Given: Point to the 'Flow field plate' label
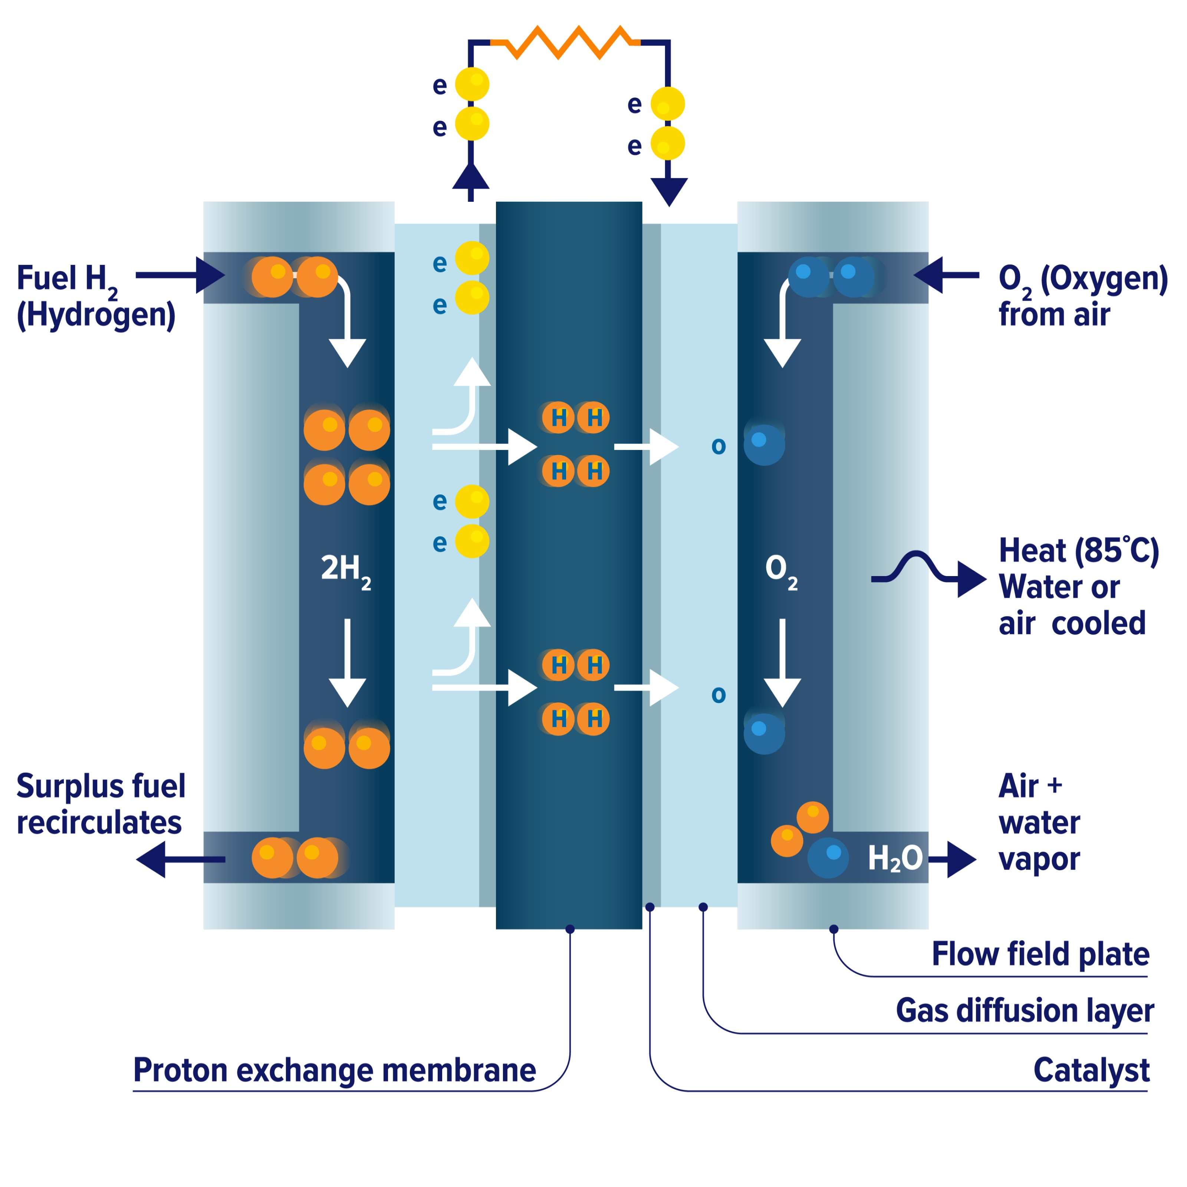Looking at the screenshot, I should pyautogui.click(x=1040, y=954).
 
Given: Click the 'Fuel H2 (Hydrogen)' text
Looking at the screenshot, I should pyautogui.click(x=95, y=296).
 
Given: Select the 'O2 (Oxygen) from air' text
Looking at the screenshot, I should pyautogui.click(x=1082, y=296).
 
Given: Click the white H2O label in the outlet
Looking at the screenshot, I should pyautogui.click(x=895, y=858).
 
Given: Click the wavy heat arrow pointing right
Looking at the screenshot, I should pyautogui.click(x=928, y=571).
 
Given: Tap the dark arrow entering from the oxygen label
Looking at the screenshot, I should pyautogui.click(x=946, y=275).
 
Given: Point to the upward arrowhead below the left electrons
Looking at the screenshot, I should pyautogui.click(x=471, y=178).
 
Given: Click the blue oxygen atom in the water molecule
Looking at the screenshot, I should pyautogui.click(x=828, y=857).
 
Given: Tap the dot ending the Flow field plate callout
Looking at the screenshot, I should pyautogui.click(x=834, y=929).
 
